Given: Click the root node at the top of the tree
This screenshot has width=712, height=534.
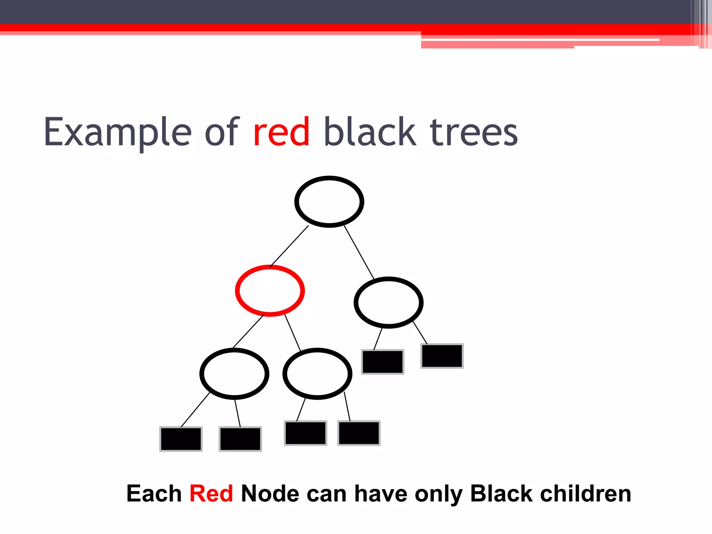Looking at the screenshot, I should pyautogui.click(x=329, y=202).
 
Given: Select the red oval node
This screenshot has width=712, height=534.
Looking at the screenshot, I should pyautogui.click(x=270, y=291).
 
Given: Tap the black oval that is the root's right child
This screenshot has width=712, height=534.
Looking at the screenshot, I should pyautogui.click(x=388, y=302).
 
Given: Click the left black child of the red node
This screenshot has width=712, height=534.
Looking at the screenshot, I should pyautogui.click(x=234, y=373).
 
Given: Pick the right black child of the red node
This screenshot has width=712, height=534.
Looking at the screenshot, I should pyautogui.click(x=317, y=373).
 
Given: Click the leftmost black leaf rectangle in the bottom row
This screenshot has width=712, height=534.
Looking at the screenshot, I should pyautogui.click(x=181, y=439).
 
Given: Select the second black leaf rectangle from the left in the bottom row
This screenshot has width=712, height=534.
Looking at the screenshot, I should pyautogui.click(x=240, y=439).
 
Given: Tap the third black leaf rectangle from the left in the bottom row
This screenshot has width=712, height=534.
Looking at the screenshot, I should pyautogui.click(x=306, y=433).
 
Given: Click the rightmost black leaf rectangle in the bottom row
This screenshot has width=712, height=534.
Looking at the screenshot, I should pyautogui.click(x=359, y=433).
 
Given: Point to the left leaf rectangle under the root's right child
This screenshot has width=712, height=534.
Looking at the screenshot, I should pyautogui.click(x=382, y=362).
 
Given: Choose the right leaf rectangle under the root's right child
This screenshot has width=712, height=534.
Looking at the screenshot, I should pyautogui.click(x=442, y=356).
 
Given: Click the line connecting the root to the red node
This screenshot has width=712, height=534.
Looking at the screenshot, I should pyautogui.click(x=289, y=246).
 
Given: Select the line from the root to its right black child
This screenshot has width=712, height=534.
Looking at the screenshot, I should pyautogui.click(x=359, y=252).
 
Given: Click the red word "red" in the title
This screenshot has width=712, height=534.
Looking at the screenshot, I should pyautogui.click(x=281, y=132).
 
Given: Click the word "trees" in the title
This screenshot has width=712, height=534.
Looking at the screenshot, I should pyautogui.click(x=474, y=132).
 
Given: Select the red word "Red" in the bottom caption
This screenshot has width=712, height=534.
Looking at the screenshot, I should pyautogui.click(x=211, y=494).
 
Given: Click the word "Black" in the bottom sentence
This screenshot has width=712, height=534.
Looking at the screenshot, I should pyautogui.click(x=501, y=494).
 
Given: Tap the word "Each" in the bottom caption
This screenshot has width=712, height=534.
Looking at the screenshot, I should pyautogui.click(x=154, y=494).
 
